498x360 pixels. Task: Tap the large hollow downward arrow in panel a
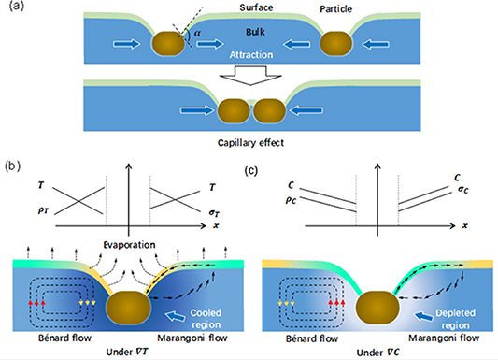coord(248,76)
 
